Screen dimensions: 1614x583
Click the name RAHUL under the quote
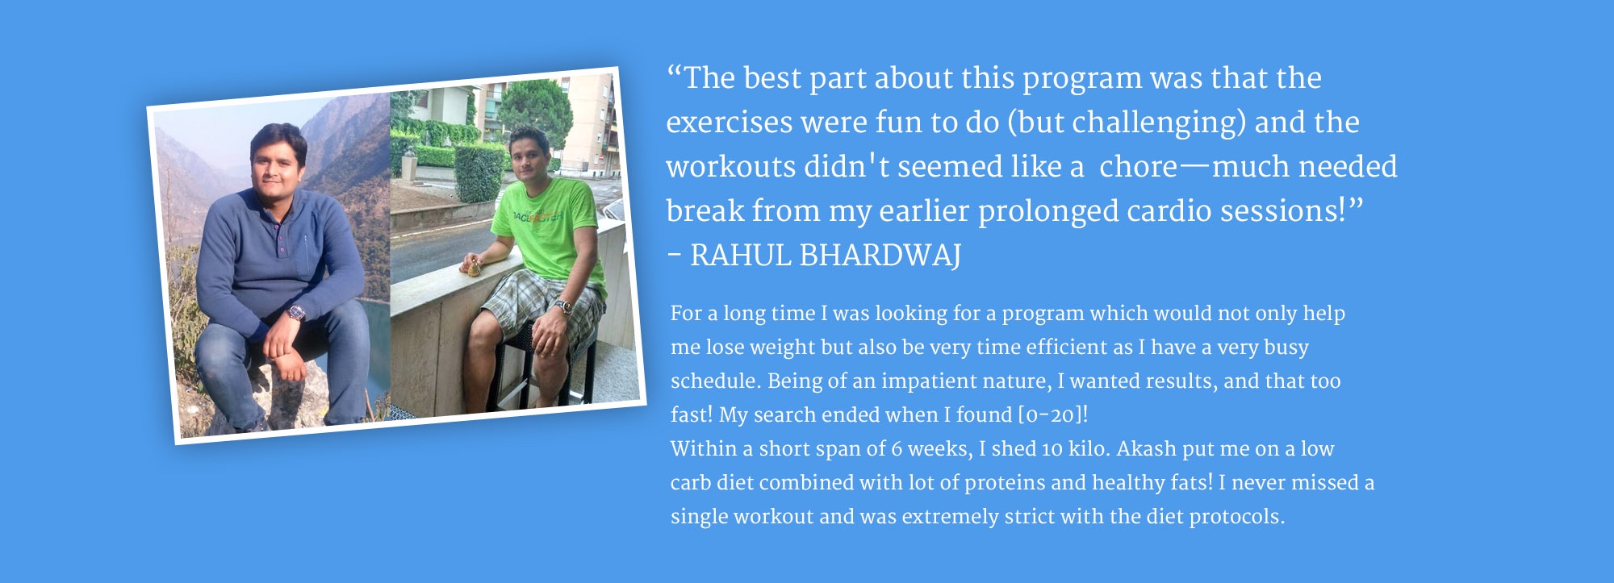pos(740,256)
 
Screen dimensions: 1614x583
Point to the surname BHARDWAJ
pos(880,256)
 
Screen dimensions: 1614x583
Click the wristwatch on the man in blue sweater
pos(297,312)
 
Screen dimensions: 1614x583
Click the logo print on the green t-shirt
pos(539,215)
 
